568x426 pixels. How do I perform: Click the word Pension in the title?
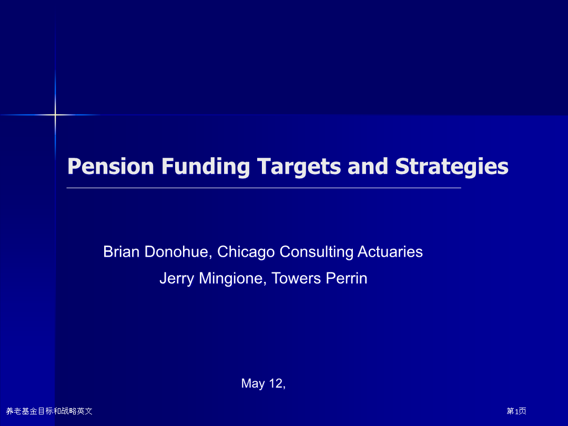(111, 166)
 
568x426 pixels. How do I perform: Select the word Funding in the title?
(206, 167)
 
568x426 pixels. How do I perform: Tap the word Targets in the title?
(299, 167)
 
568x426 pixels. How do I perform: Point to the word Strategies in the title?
(452, 167)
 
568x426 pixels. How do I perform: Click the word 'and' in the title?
(368, 166)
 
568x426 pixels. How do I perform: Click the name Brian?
(121, 251)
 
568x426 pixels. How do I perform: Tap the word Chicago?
(246, 252)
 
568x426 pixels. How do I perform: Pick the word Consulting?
(316, 252)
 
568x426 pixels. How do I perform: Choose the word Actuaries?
(390, 251)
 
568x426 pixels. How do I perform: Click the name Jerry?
(177, 279)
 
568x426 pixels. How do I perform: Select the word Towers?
(296, 278)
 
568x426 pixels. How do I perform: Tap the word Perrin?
(346, 278)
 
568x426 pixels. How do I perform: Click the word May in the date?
(253, 383)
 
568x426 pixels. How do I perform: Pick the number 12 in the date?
(276, 383)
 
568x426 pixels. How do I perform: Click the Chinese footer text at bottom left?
(49, 411)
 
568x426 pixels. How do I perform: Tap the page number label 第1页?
(516, 411)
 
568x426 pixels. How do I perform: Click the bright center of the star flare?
(55, 115)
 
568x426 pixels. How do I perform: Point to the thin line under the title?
(263, 188)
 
